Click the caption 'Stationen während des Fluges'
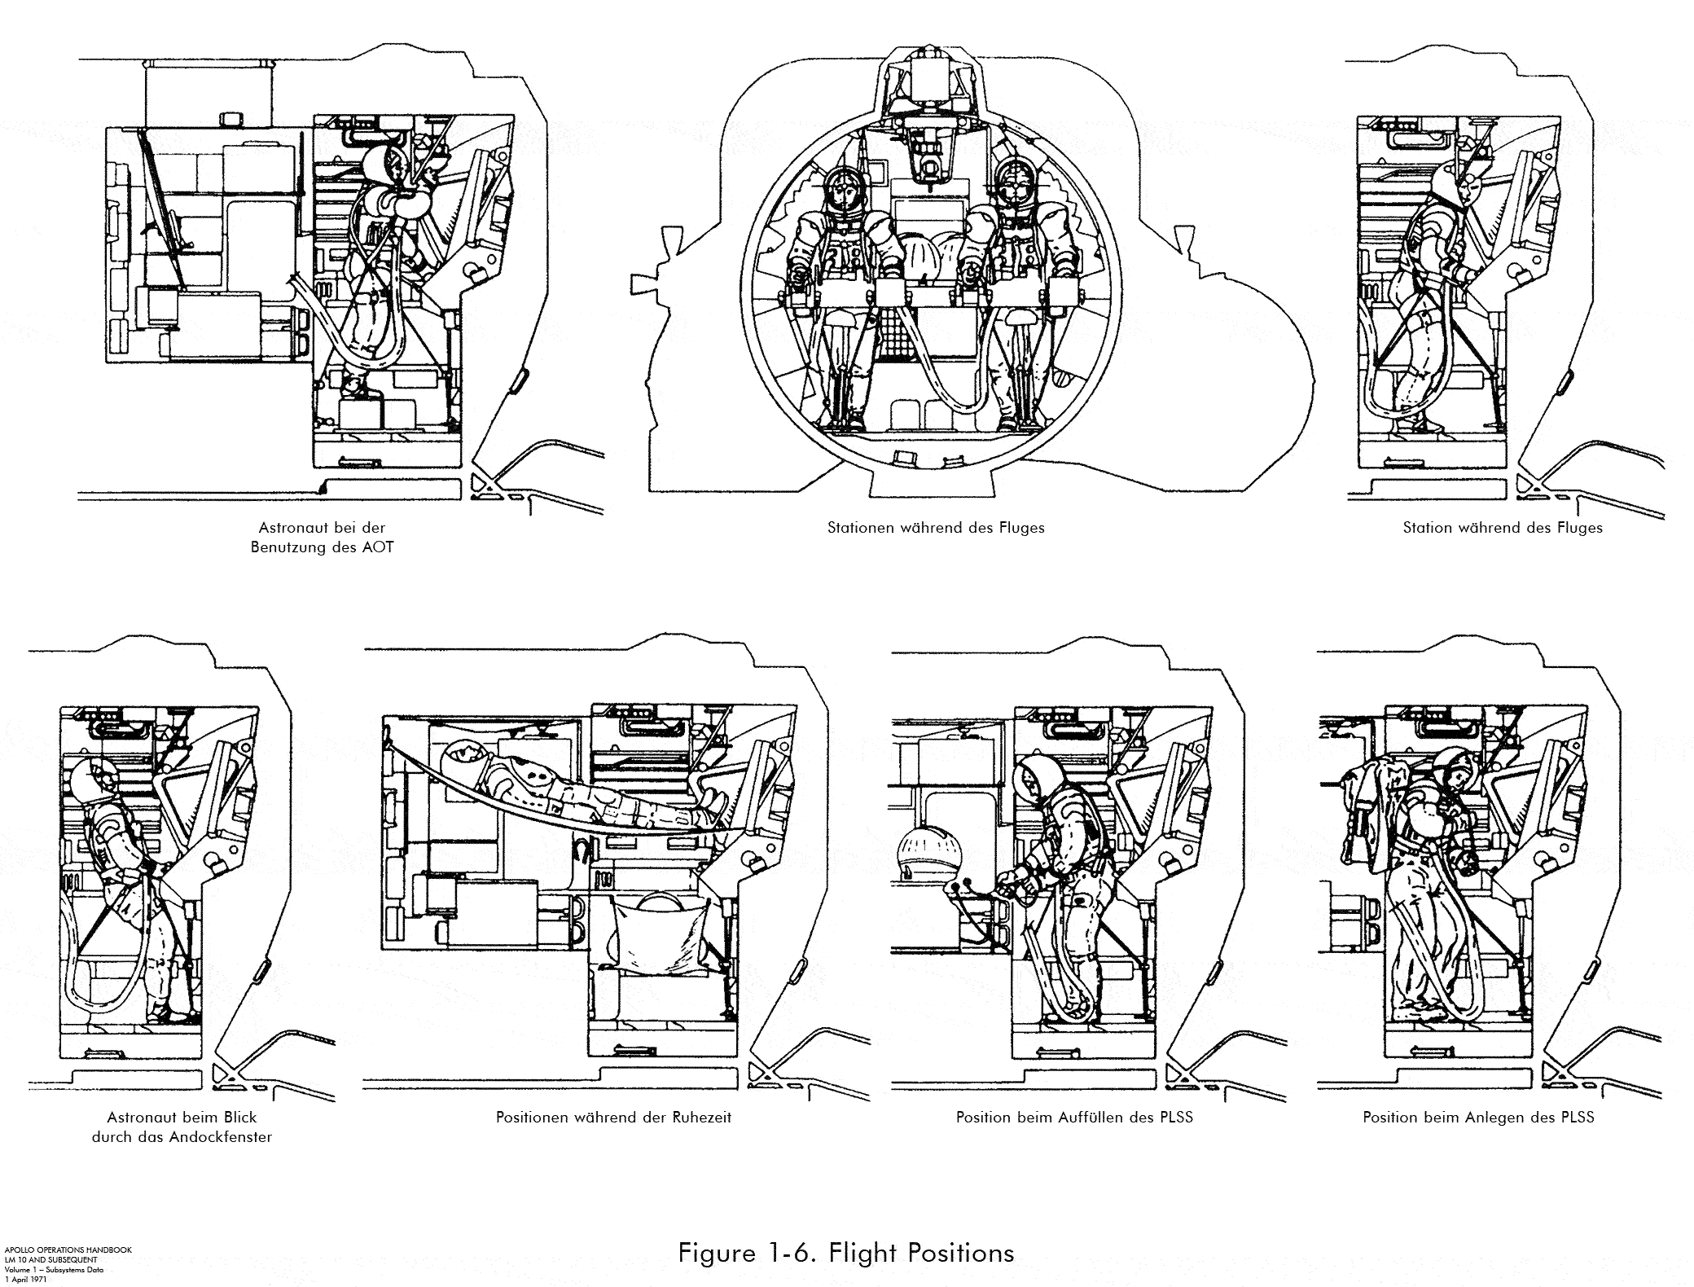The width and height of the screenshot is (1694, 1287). click(936, 528)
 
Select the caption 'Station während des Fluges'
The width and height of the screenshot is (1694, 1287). click(1503, 528)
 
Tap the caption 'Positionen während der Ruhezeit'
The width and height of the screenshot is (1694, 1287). click(613, 1118)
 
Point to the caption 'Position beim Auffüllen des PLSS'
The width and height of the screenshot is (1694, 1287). click(1074, 1118)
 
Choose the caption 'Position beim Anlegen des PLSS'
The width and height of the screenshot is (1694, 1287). click(1478, 1118)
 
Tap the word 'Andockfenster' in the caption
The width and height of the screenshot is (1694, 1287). click(221, 1137)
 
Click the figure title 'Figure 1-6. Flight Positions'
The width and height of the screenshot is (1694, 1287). click(846, 1252)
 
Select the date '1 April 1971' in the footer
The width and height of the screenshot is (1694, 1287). click(24, 1280)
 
